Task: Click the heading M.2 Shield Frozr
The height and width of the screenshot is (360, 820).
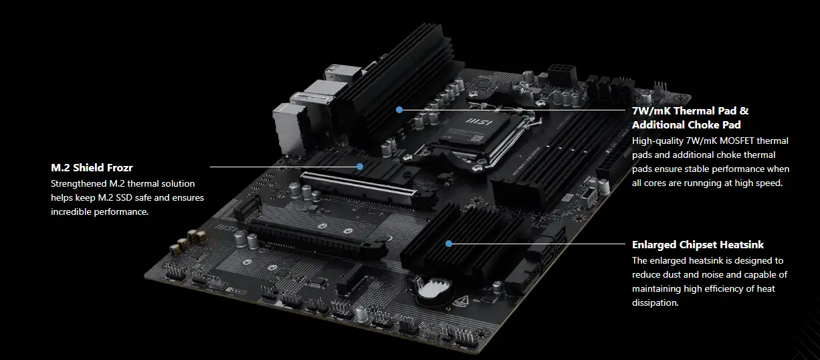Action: coord(92,168)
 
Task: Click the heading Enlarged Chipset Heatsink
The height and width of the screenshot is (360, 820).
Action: coord(698,245)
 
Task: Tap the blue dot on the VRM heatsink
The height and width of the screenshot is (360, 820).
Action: coord(399,110)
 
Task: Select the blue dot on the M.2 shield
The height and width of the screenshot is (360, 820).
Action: coord(360,167)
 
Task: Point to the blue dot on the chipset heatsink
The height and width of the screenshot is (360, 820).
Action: coord(449,244)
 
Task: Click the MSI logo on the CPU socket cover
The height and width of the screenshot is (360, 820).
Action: coord(479,121)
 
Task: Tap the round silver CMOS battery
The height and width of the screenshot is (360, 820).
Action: coord(433,288)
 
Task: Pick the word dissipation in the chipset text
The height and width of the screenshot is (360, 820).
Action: coord(655,303)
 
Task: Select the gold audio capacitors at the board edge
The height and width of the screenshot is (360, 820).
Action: coord(187,242)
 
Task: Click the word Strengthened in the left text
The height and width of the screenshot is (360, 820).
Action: coord(78,184)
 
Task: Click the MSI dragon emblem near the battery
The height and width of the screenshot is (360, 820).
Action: coord(461,300)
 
